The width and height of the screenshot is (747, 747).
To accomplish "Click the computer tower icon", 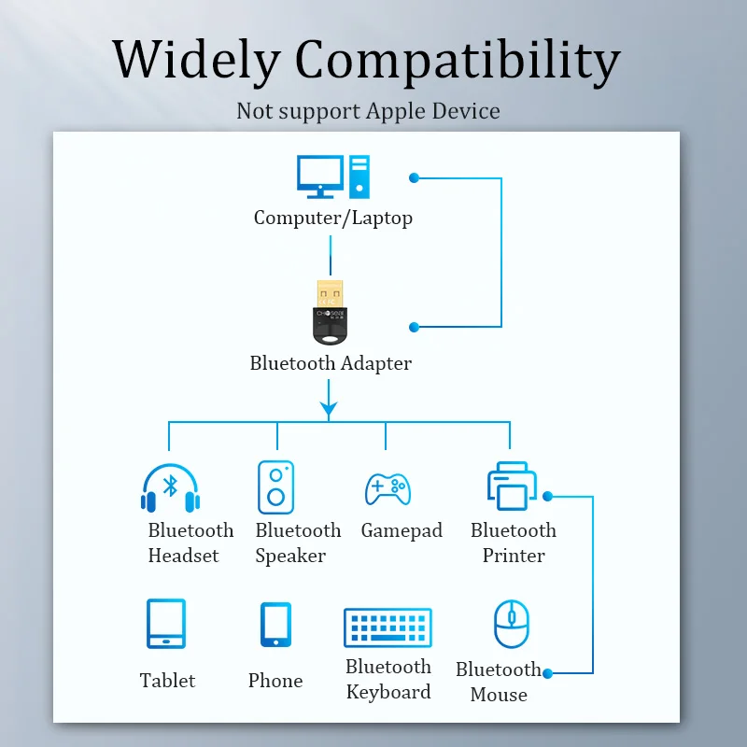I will [x=359, y=176].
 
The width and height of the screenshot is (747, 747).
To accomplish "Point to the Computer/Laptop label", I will [x=333, y=218].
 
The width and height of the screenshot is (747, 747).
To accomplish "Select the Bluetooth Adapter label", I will [x=331, y=363].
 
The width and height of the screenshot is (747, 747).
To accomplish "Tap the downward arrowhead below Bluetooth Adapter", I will [x=329, y=408].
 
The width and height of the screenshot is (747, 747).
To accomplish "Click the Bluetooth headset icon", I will [x=170, y=488].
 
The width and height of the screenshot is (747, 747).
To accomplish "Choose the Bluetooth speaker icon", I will [x=276, y=486].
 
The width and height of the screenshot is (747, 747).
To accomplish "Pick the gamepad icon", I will [x=387, y=488].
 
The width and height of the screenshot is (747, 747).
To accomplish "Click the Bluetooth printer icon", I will [x=511, y=486].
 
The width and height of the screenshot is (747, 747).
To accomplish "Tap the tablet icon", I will [x=166, y=624].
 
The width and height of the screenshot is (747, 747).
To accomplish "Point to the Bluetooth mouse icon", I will [x=511, y=625].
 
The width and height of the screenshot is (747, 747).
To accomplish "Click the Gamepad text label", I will [x=402, y=530].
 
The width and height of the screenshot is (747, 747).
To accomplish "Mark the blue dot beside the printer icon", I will [x=547, y=496].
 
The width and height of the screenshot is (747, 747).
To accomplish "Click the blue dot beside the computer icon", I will [x=415, y=176].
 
